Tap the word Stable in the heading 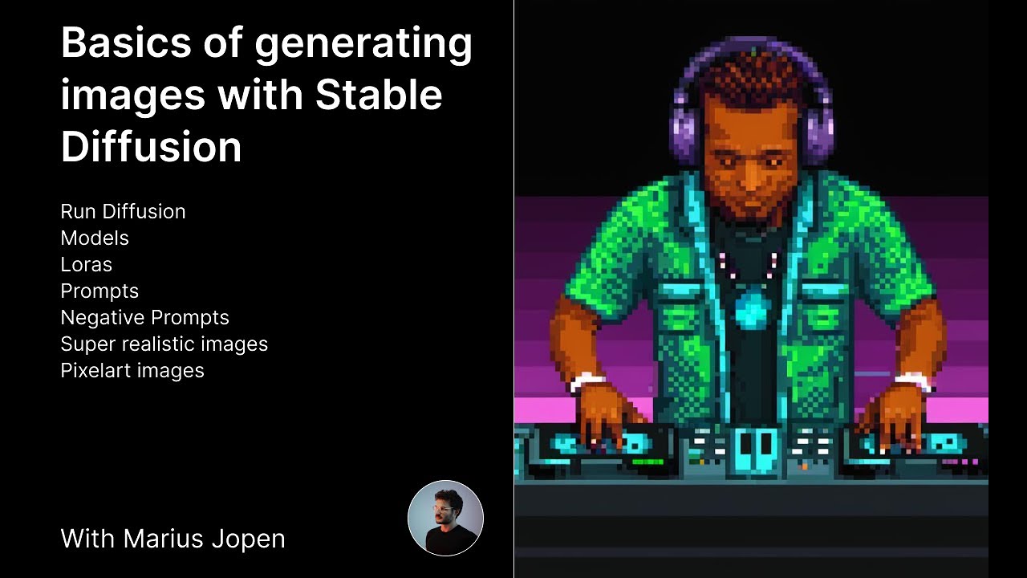(x=379, y=95)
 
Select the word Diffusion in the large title (x=151, y=147)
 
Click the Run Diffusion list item (x=123, y=211)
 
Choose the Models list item (x=95, y=238)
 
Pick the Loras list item (x=86, y=264)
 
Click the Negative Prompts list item (x=144, y=317)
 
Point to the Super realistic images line (x=164, y=344)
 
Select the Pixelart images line (x=132, y=370)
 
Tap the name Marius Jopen (x=205, y=538)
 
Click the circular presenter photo (x=445, y=518)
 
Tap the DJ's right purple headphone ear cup (x=820, y=128)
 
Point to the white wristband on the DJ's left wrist (x=587, y=381)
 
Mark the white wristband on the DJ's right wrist (x=915, y=380)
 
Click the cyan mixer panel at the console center (x=755, y=446)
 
